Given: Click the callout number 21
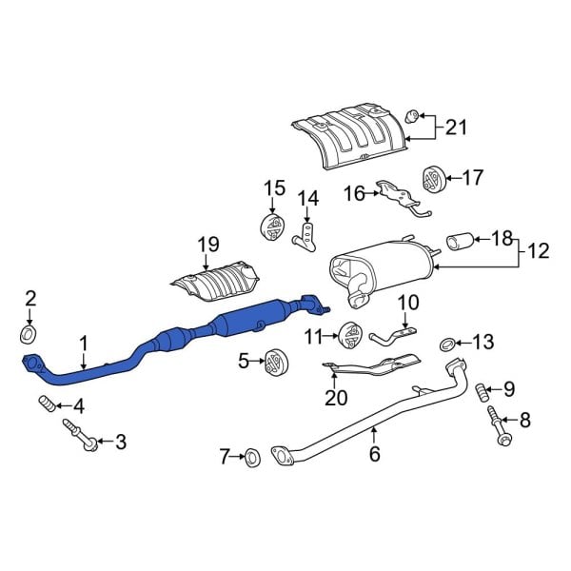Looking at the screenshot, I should coord(457,126).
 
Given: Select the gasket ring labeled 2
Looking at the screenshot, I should coord(30,334).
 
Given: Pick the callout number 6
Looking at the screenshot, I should coord(374,455).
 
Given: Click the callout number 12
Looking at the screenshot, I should coord(538,251).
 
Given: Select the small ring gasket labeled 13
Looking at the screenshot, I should coord(447,343).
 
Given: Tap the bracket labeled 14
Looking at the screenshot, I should coord(306,235).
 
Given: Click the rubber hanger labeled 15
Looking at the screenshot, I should coord(273,228).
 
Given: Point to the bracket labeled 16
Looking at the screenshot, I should coord(400,196).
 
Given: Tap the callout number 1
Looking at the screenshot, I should coord(84,343).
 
